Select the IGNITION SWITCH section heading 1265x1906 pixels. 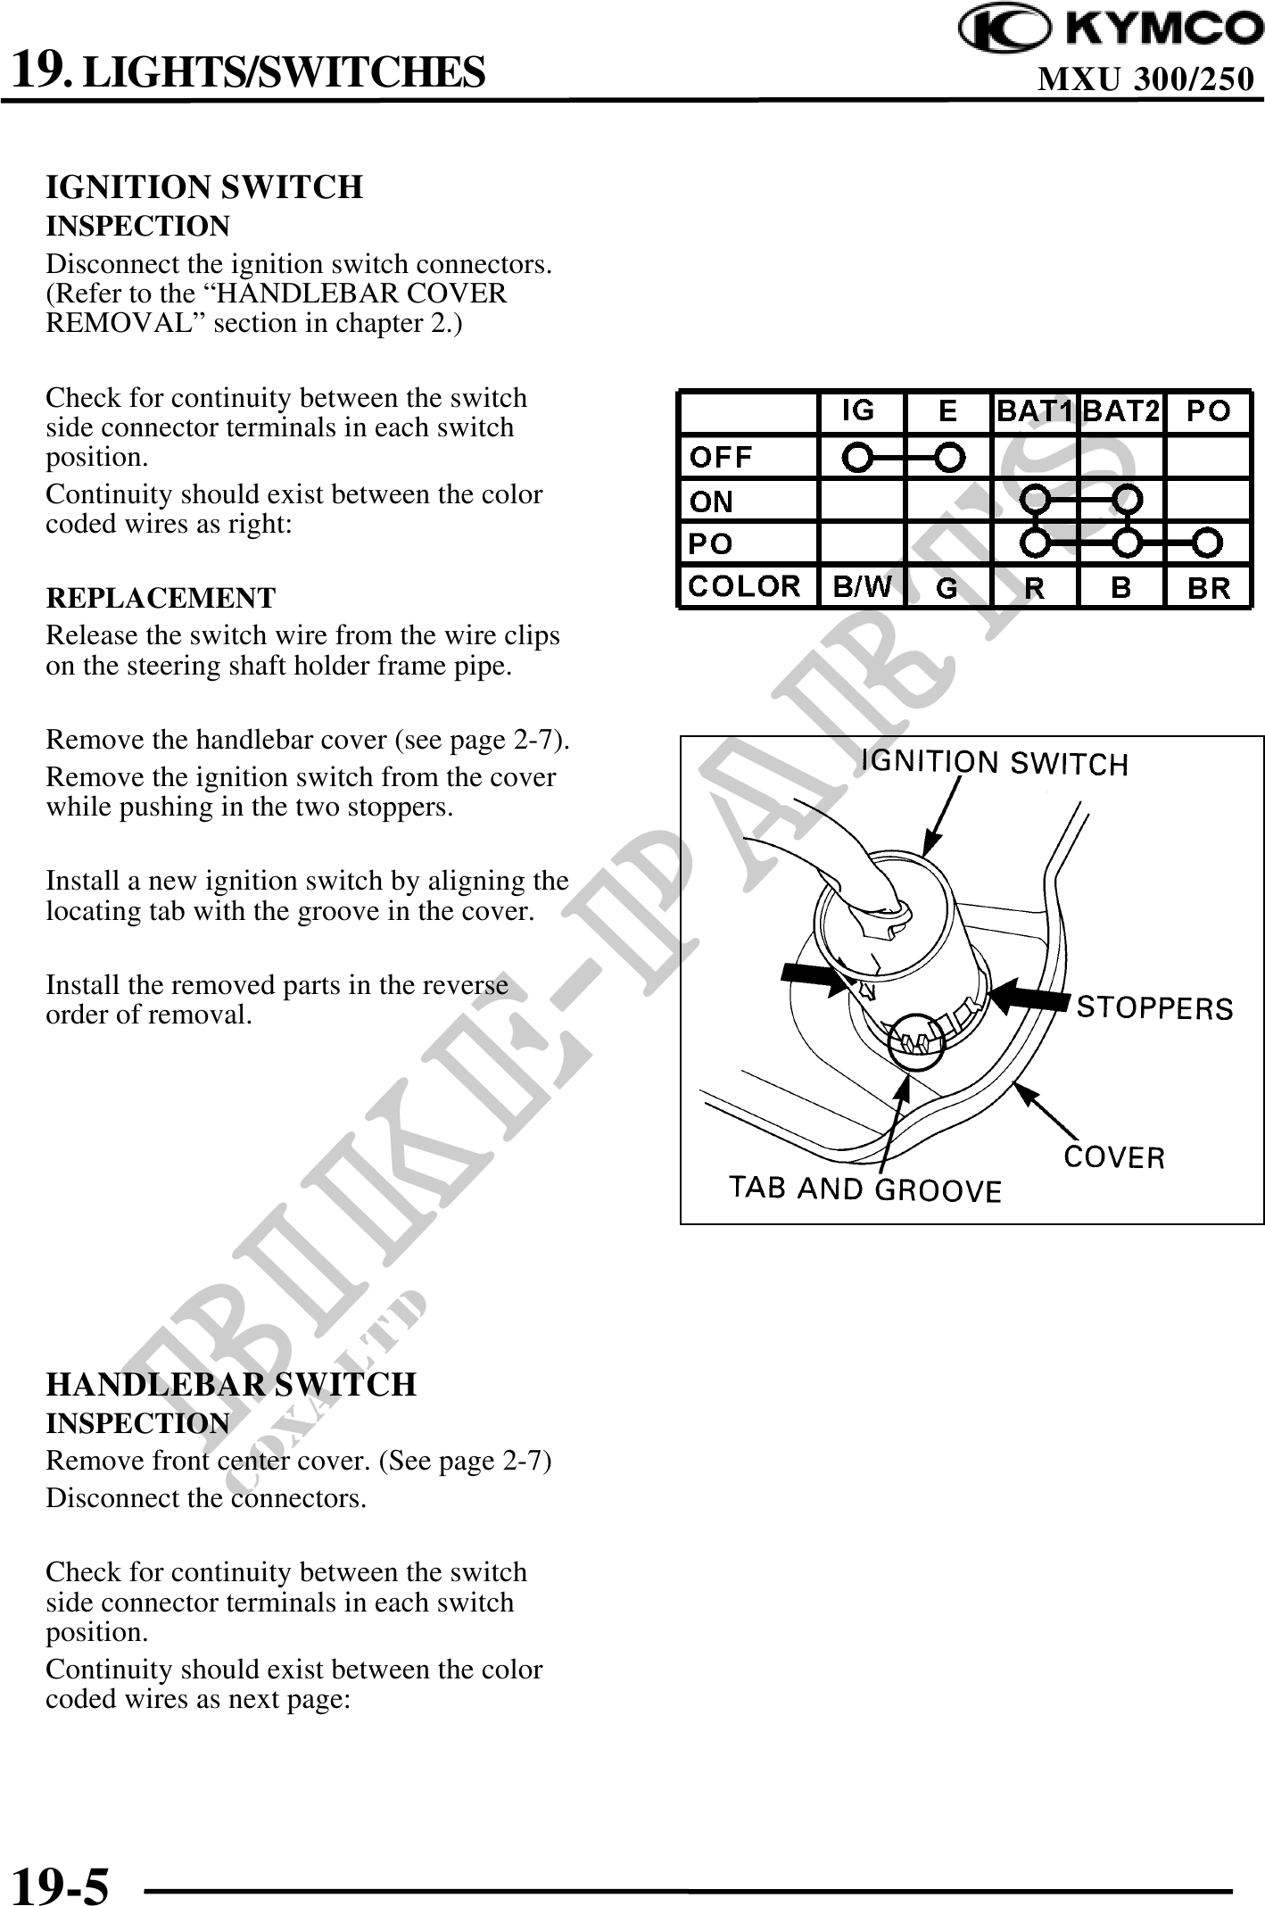pyautogui.click(x=204, y=187)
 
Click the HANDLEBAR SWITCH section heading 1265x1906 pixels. pyautogui.click(x=231, y=1384)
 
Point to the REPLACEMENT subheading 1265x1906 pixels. pyautogui.click(x=161, y=597)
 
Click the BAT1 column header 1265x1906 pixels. pyautogui.click(x=1034, y=411)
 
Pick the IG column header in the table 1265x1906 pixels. pyautogui.click(x=858, y=410)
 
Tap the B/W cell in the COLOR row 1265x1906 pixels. pyautogui.click(x=861, y=586)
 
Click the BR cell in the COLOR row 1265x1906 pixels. pyautogui.click(x=1208, y=587)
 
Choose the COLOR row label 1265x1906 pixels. pyautogui.click(x=745, y=586)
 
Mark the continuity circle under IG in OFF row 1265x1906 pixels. pyautogui.click(x=857, y=457)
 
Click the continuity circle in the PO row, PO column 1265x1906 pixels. pyautogui.click(x=1207, y=542)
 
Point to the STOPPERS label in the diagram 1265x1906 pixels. pyautogui.click(x=1154, y=1008)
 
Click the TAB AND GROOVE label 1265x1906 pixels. pyautogui.click(x=865, y=1189)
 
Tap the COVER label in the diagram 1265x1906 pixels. pyautogui.click(x=1114, y=1157)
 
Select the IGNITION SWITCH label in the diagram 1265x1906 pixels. pyautogui.click(x=994, y=763)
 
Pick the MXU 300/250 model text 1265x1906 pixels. pyautogui.click(x=1145, y=80)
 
